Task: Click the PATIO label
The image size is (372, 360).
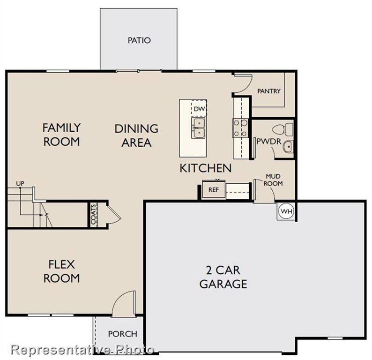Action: [139, 40]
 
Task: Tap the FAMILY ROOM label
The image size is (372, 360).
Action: [61, 135]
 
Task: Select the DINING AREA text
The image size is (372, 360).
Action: [136, 135]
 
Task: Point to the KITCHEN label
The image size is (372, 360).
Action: [205, 168]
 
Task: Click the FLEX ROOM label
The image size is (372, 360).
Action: [61, 271]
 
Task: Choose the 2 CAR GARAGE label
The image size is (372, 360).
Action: [223, 277]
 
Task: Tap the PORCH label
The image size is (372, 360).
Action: [123, 334]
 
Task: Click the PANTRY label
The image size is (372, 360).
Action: [268, 91]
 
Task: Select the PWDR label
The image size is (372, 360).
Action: [265, 142]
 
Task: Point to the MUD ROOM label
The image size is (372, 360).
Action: [274, 180]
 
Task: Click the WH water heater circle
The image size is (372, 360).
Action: [286, 211]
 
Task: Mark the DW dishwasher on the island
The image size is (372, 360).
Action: [200, 109]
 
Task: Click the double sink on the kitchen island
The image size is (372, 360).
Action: [199, 128]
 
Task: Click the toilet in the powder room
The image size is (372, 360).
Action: [283, 128]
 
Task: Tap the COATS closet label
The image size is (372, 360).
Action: [94, 214]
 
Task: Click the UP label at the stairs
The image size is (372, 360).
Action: [20, 183]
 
